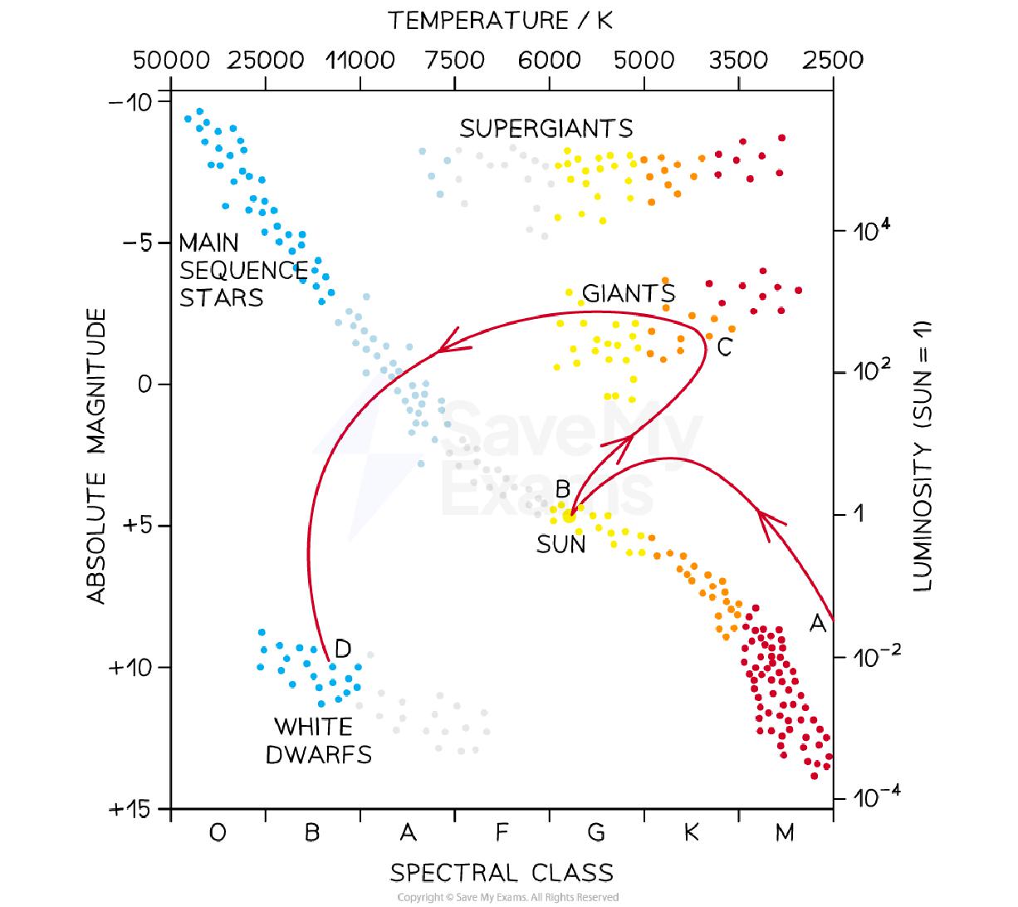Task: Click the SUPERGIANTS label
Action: (x=546, y=129)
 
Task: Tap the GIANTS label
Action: (x=628, y=293)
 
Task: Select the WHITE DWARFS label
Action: (x=317, y=740)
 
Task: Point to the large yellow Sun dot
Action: (x=569, y=516)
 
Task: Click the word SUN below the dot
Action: (x=560, y=545)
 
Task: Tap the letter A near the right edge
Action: (x=817, y=623)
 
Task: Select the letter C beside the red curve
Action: (x=724, y=348)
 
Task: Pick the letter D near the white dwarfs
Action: (x=342, y=648)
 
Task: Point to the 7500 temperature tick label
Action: (x=454, y=61)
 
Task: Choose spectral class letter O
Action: (x=218, y=832)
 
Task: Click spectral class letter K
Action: (x=691, y=832)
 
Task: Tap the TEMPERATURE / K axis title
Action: (x=501, y=21)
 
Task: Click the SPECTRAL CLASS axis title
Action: (x=502, y=873)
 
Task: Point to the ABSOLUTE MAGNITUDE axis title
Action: (x=97, y=455)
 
